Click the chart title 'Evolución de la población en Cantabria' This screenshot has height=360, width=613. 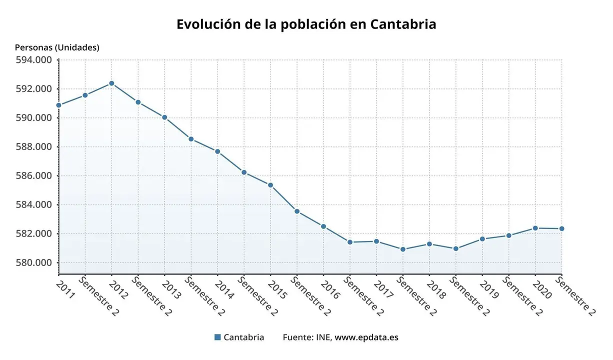[x=306, y=24]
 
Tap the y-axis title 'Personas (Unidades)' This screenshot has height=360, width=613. [x=57, y=47]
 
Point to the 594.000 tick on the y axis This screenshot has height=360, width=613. [x=34, y=60]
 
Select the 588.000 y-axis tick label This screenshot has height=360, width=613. [x=34, y=147]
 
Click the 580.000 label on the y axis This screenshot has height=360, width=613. [x=34, y=263]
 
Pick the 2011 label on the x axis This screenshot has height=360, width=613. [x=65, y=289]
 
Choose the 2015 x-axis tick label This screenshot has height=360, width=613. [x=277, y=289]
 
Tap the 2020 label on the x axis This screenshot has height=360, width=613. [x=542, y=289]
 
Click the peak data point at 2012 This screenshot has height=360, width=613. [x=111, y=83]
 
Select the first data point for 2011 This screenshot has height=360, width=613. [x=58, y=105]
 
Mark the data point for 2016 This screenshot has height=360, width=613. [x=323, y=226]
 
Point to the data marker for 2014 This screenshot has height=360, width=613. [x=217, y=151]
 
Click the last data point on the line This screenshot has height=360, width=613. [x=561, y=228]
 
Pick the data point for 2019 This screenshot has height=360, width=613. [x=482, y=239]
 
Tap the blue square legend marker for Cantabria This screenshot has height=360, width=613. [x=217, y=337]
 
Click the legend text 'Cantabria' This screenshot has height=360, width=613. [x=243, y=337]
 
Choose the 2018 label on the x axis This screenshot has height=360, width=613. [x=436, y=289]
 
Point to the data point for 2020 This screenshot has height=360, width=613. [x=535, y=228]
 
